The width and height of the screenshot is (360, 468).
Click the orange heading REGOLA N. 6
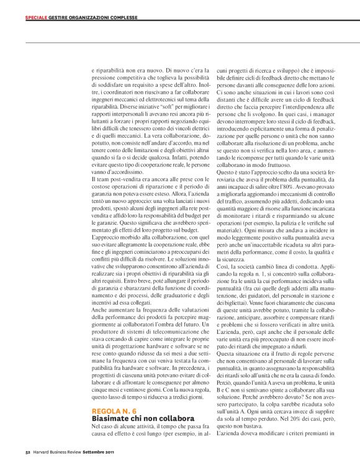pyautogui.click(x=114, y=412)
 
